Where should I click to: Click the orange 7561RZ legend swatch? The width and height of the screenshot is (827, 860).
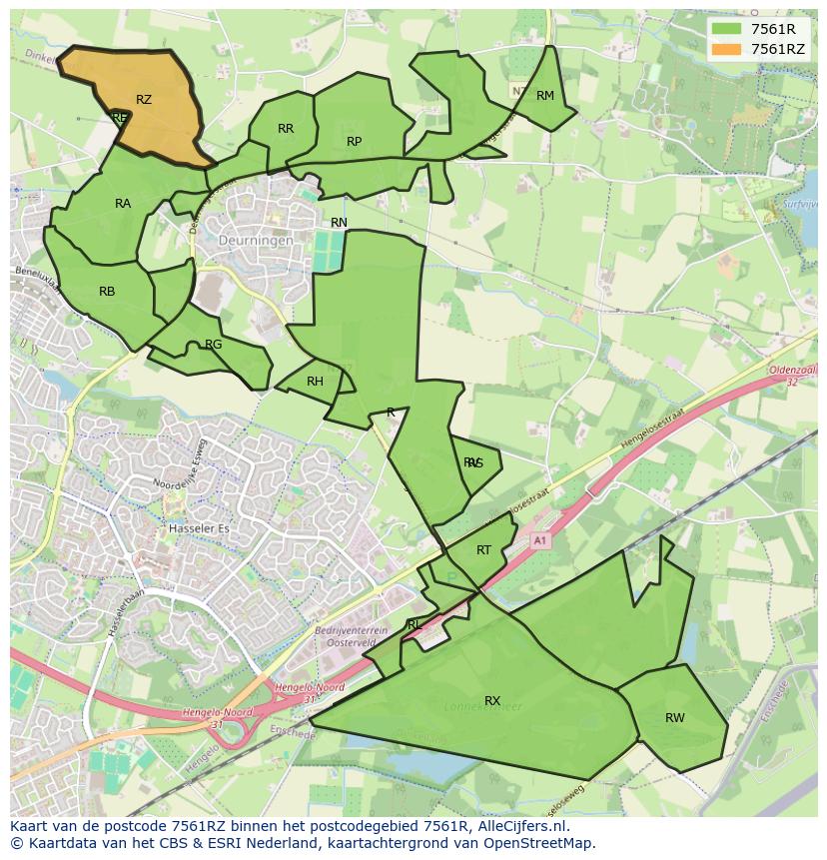coord(726,49)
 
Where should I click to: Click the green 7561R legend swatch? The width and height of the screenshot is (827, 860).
coord(726,29)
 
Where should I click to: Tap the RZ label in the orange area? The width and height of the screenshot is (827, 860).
coord(144,100)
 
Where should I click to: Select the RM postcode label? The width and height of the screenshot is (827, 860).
coord(545,96)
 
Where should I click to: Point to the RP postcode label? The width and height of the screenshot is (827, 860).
coord(354,142)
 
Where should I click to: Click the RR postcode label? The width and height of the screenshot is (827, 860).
coord(286,129)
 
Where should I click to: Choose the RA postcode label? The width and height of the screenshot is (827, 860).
coord(123,204)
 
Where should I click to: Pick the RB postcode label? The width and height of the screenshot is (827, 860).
coord(107,292)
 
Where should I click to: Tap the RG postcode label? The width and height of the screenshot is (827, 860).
coord(213,345)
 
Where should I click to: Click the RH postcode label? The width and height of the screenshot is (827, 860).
coord(315,382)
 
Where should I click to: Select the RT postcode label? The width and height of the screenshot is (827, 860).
coord(483,550)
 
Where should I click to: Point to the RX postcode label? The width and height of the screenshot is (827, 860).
coord(492,701)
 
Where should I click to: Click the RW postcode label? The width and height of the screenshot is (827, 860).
coord(675,718)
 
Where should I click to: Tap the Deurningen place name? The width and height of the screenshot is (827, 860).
coord(257,241)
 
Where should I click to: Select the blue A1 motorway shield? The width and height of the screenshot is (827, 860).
coord(540,540)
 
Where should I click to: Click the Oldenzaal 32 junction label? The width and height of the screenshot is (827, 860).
coord(793,376)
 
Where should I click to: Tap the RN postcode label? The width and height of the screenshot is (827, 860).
coord(340,223)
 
